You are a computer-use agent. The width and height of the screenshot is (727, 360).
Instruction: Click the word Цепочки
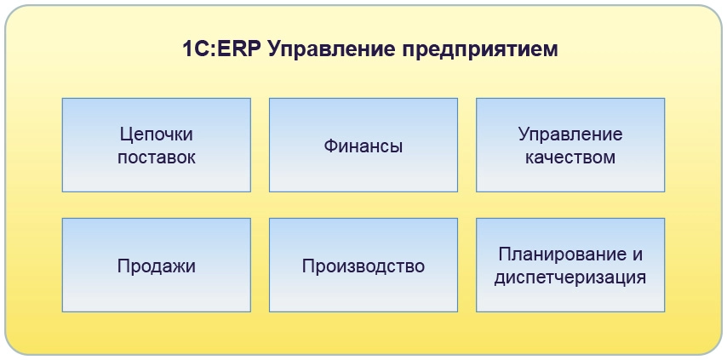(x=157, y=134)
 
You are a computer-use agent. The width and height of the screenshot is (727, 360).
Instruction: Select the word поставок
(x=157, y=157)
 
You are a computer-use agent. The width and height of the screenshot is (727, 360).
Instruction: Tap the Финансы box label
(x=363, y=146)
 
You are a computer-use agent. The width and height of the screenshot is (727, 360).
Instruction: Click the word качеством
(x=570, y=157)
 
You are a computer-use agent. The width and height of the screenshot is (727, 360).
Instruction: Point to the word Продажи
(x=157, y=266)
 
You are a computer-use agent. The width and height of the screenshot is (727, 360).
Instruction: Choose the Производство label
(x=363, y=266)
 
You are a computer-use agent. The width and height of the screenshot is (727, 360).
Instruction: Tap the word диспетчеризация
(x=570, y=278)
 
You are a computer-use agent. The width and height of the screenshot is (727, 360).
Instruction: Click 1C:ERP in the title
(x=221, y=49)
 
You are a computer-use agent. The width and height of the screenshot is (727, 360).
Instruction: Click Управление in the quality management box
(x=570, y=134)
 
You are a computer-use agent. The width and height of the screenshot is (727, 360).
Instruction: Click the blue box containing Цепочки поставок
(x=157, y=145)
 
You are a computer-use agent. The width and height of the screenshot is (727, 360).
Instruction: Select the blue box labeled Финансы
(x=363, y=145)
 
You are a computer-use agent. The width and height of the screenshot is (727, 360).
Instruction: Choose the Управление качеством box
(x=570, y=145)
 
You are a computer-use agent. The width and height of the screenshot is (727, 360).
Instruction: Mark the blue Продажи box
(x=157, y=265)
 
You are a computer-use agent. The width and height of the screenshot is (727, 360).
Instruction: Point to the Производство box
(x=363, y=265)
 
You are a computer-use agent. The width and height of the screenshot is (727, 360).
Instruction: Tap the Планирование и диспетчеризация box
(x=570, y=265)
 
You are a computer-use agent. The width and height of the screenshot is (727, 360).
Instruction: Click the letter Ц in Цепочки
(x=126, y=134)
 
